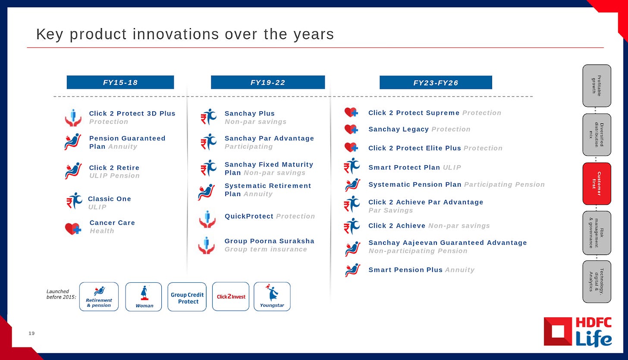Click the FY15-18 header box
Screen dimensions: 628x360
click(x=120, y=82)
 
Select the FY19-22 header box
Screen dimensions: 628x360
click(x=268, y=82)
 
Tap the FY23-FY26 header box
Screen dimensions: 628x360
click(x=436, y=82)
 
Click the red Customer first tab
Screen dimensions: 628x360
click(x=597, y=184)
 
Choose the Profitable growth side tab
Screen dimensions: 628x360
click(x=597, y=86)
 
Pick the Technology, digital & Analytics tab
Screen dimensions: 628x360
click(x=597, y=282)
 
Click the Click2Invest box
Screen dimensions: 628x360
click(x=231, y=296)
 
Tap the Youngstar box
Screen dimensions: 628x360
click(x=272, y=296)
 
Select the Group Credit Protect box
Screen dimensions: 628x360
click(x=187, y=297)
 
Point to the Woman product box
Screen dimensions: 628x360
click(x=144, y=297)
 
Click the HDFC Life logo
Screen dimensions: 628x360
click(x=578, y=332)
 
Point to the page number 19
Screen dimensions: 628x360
click(x=31, y=333)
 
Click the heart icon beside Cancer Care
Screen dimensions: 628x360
click(x=73, y=229)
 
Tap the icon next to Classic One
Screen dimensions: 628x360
click(x=74, y=200)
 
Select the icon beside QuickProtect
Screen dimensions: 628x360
click(x=207, y=219)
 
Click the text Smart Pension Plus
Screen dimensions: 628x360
click(x=405, y=270)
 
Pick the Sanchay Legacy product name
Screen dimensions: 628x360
click(x=399, y=129)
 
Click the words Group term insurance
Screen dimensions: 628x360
click(x=266, y=249)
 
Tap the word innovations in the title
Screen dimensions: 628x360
click(x=176, y=34)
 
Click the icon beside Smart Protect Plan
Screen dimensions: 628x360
click(x=352, y=166)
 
